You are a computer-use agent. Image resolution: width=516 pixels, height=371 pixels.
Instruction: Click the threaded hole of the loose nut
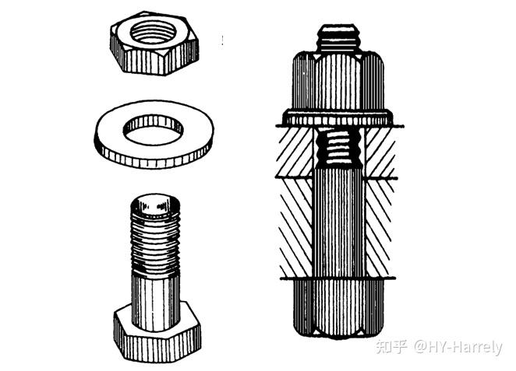tap(154, 32)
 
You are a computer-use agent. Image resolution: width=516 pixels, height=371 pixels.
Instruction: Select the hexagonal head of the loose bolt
tap(157, 332)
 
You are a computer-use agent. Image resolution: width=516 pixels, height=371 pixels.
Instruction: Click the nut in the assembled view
tap(338, 80)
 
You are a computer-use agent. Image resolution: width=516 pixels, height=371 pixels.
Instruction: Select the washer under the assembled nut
tap(338, 117)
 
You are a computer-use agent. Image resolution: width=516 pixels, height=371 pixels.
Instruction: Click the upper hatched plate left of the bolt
tap(295, 152)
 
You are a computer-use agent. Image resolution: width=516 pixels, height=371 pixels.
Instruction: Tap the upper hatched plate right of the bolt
tap(380, 152)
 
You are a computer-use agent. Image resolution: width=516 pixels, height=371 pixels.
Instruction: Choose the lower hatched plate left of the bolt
tap(296, 228)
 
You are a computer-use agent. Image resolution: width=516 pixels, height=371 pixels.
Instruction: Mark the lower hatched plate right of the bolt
tap(379, 228)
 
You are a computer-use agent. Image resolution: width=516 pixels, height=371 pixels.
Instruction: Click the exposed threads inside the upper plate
tap(338, 147)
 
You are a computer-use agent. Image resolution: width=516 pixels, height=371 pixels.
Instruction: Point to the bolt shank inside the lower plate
tap(339, 228)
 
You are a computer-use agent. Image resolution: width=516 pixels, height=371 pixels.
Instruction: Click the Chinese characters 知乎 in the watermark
tap(391, 346)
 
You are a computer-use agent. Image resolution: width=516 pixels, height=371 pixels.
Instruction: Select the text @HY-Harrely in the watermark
tap(458, 348)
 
